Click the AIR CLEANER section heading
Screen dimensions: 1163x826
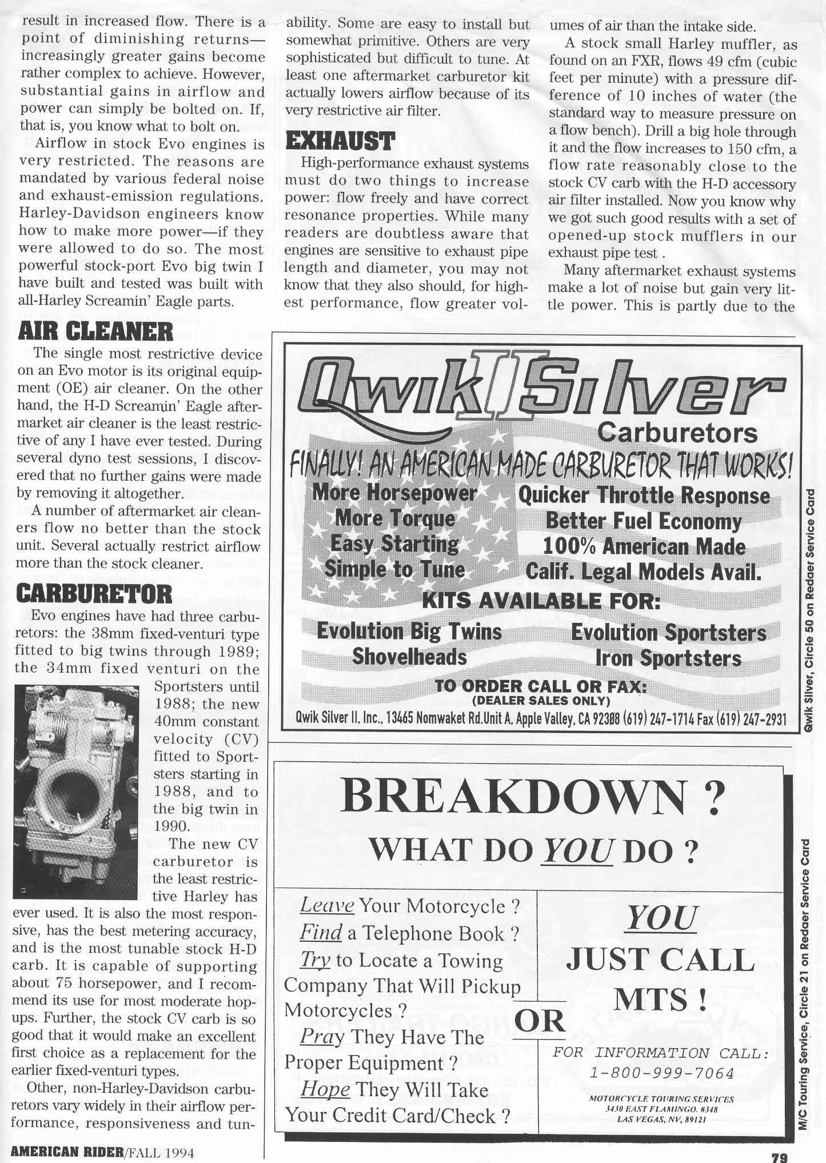[95, 331]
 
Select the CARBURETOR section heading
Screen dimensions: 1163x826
[94, 594]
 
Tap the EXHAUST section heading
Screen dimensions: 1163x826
[340, 141]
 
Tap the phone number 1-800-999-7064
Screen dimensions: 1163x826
[661, 1073]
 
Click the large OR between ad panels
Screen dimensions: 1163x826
[540, 1021]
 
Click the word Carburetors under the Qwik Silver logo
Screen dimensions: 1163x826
[677, 433]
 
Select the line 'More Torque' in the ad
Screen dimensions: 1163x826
[395, 518]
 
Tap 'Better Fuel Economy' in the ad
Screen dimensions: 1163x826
[643, 521]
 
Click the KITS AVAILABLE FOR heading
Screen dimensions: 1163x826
[541, 601]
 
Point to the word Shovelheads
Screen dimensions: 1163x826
[409, 656]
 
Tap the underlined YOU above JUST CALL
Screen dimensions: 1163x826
[661, 918]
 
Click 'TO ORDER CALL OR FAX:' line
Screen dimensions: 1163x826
[541, 686]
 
